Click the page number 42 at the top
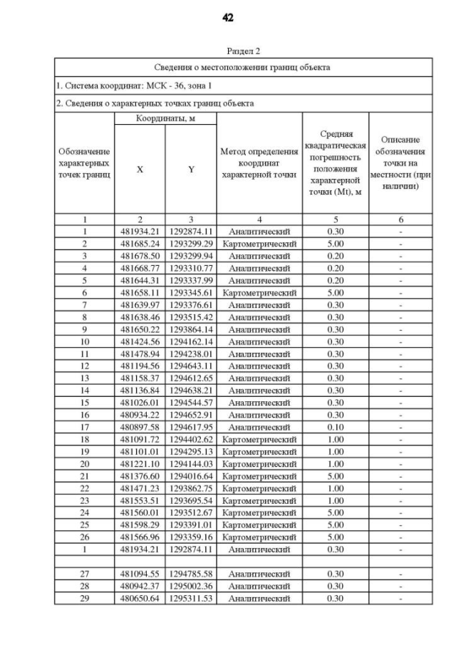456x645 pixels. tap(228, 18)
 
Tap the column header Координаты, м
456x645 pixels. tap(165, 118)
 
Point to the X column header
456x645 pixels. tap(140, 170)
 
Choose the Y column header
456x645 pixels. tap(191, 170)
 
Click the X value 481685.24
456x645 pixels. tap(140, 243)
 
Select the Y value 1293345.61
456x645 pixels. tap(191, 292)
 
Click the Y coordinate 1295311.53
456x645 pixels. tap(191, 598)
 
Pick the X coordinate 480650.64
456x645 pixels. tap(140, 598)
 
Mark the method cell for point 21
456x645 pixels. tap(259, 475)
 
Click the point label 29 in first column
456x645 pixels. tap(85, 598)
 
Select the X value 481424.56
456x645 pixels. tap(140, 341)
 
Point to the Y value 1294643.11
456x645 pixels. tap(191, 365)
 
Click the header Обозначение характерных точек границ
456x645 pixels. tap(85, 164)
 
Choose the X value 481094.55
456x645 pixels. tap(140, 573)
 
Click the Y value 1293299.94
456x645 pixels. tap(191, 255)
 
